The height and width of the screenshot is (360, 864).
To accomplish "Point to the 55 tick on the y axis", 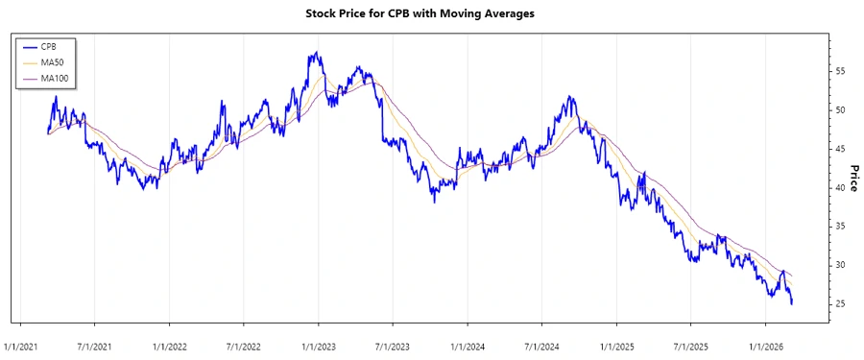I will click(x=839, y=72).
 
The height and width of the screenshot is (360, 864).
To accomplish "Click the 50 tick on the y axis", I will click(x=839, y=110).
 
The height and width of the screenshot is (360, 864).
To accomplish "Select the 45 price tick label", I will click(x=839, y=149).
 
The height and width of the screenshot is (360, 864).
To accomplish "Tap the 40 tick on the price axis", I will click(x=839, y=188).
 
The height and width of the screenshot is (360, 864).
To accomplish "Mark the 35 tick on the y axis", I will click(x=839, y=227).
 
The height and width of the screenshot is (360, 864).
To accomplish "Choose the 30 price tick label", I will click(x=839, y=265).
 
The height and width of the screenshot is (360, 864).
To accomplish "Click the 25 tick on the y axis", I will click(x=839, y=304).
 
